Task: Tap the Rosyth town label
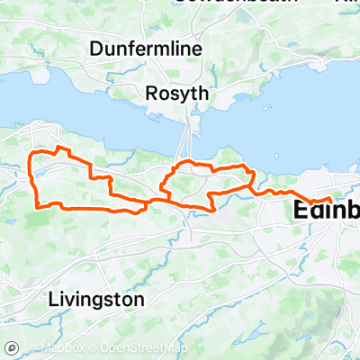[x=176, y=92]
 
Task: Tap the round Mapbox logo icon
[x=13, y=347]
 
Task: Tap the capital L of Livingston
[x=52, y=297]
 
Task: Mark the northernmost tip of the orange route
[x=58, y=147]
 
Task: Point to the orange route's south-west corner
[x=37, y=205]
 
